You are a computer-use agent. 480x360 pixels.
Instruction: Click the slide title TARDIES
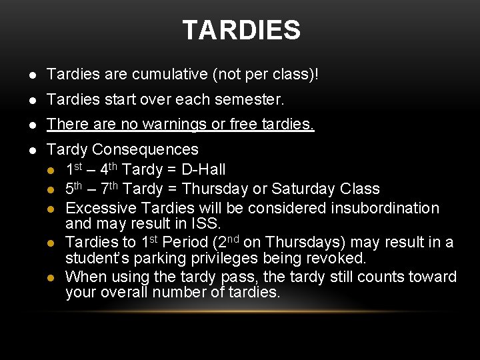click(x=241, y=30)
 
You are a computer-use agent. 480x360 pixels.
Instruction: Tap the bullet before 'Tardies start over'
click(x=33, y=101)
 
